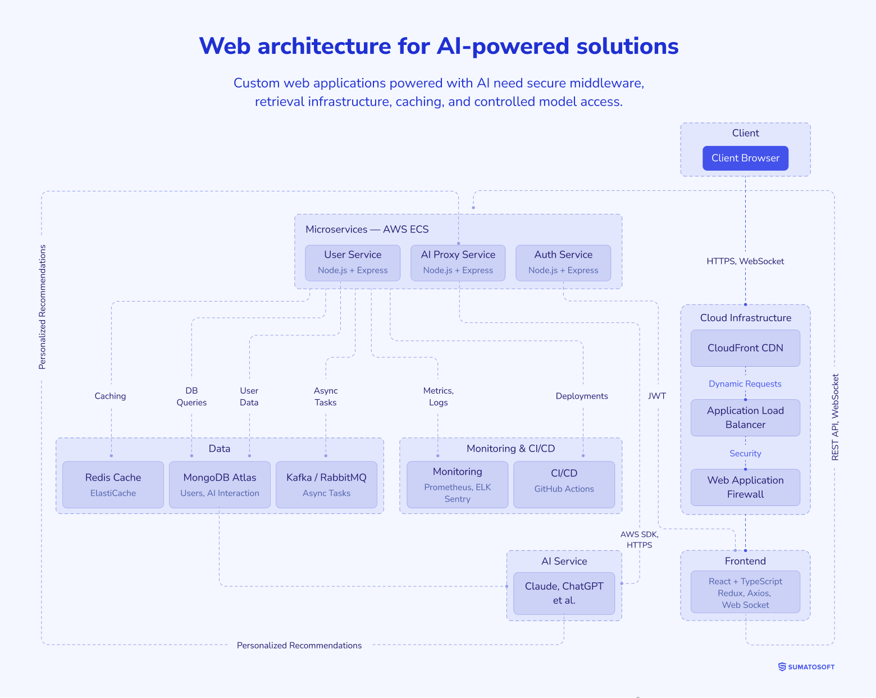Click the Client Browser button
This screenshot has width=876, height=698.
(745, 158)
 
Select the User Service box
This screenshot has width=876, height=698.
(353, 262)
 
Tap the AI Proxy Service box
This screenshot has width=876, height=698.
(458, 262)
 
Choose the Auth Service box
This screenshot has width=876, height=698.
(563, 262)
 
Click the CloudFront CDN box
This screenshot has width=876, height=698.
(745, 348)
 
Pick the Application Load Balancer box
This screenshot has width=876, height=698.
(745, 418)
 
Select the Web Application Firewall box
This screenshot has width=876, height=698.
(745, 487)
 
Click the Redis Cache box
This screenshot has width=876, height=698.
(113, 485)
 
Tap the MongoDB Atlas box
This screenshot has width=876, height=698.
(220, 485)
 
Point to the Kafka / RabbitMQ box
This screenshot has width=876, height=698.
(326, 485)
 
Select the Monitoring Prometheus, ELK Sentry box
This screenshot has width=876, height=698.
(457, 485)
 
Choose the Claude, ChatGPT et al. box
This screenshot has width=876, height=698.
(564, 594)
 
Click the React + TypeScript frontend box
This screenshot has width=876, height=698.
(745, 592)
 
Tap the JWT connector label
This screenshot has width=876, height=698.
(657, 396)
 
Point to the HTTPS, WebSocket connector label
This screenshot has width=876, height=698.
(745, 261)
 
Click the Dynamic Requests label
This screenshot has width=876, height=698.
(745, 384)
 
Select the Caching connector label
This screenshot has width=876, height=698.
(110, 396)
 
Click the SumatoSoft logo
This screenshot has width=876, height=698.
(806, 667)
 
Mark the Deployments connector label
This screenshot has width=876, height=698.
(582, 396)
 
